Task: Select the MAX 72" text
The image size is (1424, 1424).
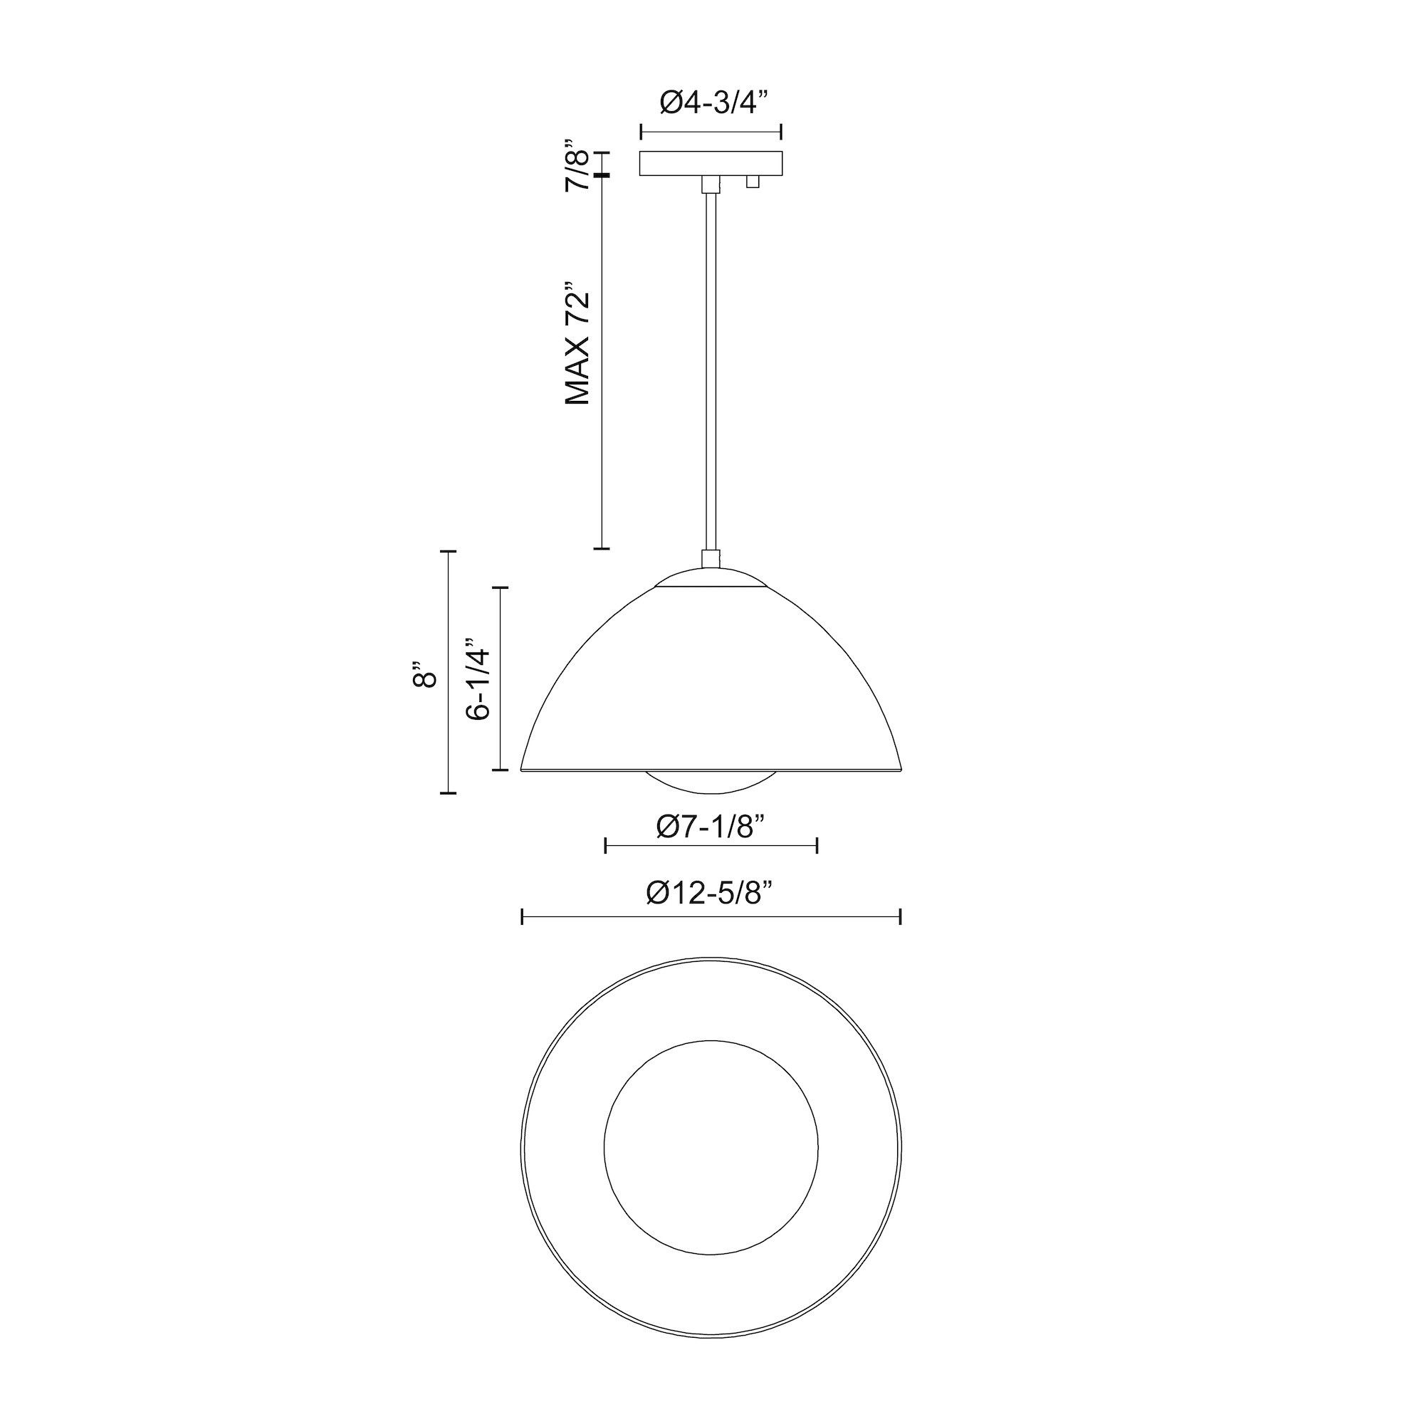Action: pos(579,342)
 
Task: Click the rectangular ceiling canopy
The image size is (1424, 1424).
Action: pos(711,164)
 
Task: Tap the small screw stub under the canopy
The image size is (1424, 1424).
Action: pos(753,182)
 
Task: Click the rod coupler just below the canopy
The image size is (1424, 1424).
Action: pos(711,184)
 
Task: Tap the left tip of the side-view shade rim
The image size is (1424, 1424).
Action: pos(523,770)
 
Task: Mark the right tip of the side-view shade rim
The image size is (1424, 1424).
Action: pos(901,770)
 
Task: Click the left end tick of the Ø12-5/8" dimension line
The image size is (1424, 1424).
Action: pos(523,917)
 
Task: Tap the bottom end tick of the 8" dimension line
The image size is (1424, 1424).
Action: pos(448,793)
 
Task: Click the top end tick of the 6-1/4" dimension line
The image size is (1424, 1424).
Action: pos(501,587)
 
